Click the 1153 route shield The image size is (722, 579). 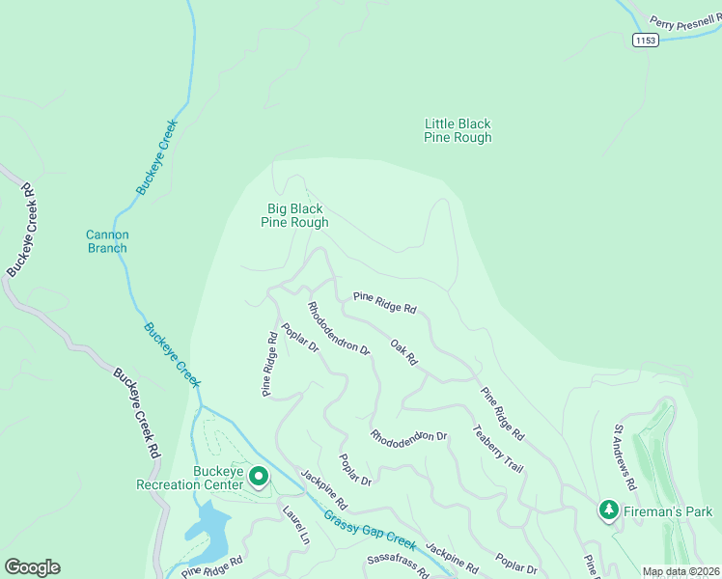(x=646, y=40)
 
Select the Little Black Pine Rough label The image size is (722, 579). (x=458, y=130)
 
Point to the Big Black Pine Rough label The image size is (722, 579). (x=294, y=215)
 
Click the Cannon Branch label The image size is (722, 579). (x=107, y=241)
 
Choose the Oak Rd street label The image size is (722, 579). (x=403, y=352)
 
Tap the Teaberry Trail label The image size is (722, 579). (x=498, y=449)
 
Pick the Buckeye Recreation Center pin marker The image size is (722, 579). (x=259, y=477)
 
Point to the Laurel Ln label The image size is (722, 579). (x=295, y=524)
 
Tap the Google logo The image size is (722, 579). (x=32, y=567)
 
